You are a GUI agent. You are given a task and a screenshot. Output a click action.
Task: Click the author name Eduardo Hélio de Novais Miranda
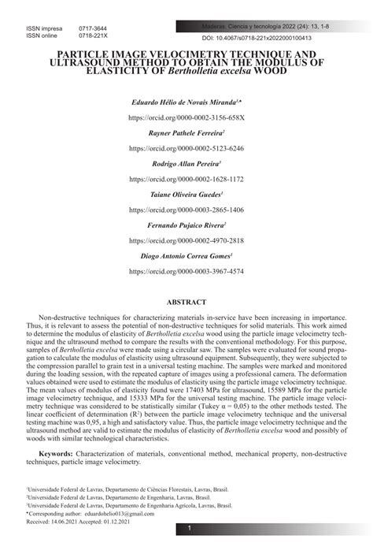pos(186,103)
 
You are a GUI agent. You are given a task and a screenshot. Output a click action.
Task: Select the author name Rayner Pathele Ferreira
pos(186,134)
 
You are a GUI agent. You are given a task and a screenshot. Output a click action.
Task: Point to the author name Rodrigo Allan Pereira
pos(186,164)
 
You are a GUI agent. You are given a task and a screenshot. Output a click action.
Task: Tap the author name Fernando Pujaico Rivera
pos(186,225)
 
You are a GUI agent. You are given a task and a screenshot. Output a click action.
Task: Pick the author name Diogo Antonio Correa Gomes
pos(186,256)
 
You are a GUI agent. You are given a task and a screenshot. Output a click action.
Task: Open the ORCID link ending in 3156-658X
pos(186,117)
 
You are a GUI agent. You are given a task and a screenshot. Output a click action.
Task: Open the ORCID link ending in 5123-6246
pos(186,148)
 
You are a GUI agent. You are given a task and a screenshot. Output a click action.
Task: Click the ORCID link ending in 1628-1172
pos(186,179)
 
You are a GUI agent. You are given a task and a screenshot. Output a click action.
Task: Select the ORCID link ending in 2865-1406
pos(186,210)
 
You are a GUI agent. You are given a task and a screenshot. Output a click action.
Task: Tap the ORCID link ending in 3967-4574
pos(186,271)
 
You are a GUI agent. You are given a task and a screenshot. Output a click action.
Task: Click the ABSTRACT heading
pos(186,302)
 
